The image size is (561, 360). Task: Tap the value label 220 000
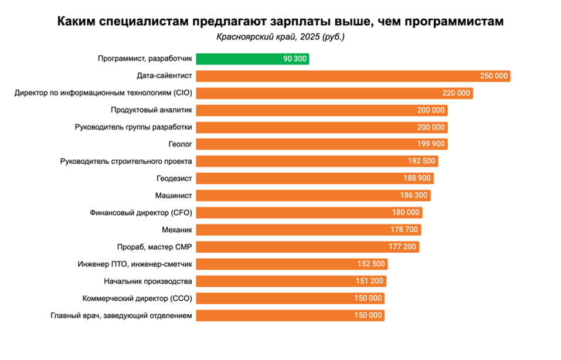pyautogui.click(x=455, y=93)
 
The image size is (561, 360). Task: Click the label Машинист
pyautogui.click(x=174, y=195)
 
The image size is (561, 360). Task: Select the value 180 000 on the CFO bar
pyautogui.click(x=406, y=212)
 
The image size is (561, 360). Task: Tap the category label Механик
pyautogui.click(x=176, y=230)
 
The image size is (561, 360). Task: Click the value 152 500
pyautogui.click(x=371, y=264)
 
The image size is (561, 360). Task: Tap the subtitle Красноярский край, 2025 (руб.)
pyautogui.click(x=280, y=36)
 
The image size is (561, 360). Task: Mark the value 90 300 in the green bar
pyautogui.click(x=294, y=59)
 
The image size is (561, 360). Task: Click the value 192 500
pyautogui.click(x=421, y=161)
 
